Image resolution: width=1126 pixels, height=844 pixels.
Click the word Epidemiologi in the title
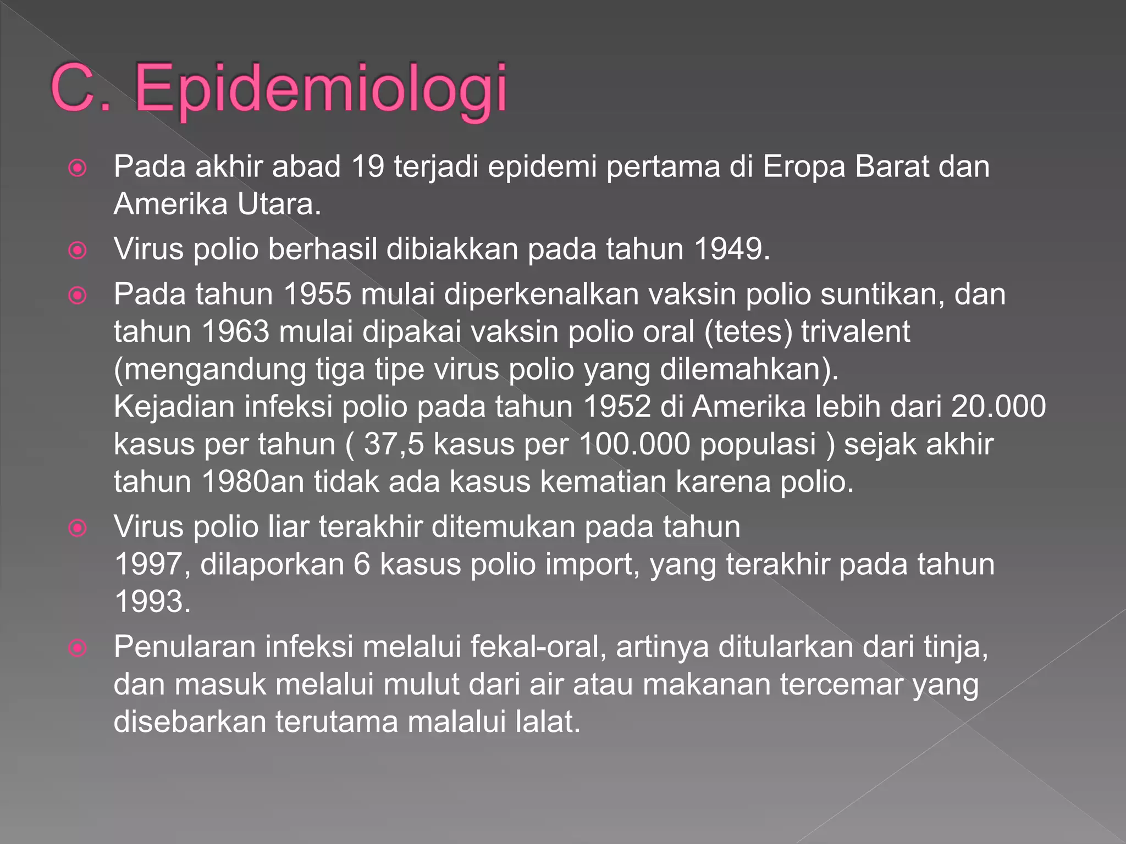coord(320,89)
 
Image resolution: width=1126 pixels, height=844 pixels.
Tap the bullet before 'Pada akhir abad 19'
coord(78,168)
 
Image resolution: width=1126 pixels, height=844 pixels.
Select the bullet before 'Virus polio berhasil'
coord(78,251)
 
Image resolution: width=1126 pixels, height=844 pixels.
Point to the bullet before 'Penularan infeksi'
coord(78,648)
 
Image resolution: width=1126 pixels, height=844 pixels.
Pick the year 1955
coord(317,295)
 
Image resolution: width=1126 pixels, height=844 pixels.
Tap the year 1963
coord(236,332)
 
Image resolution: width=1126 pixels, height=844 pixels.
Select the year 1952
coord(617,407)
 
